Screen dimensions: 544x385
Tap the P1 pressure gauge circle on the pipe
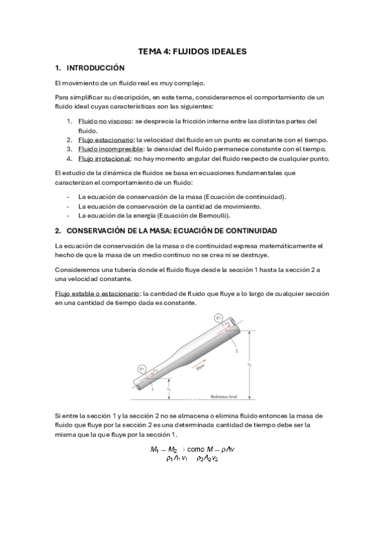[x=142, y=368]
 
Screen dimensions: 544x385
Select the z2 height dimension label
[x=249, y=364]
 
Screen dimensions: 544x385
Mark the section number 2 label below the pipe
[x=237, y=352]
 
